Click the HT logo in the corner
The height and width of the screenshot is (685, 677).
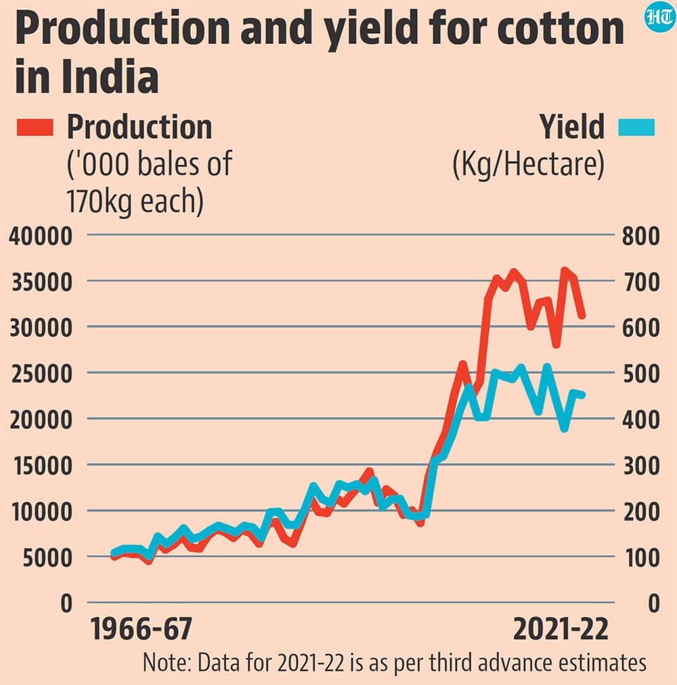tap(660, 17)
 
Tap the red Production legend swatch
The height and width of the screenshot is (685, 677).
tap(35, 127)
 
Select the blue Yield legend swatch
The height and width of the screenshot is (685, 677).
tap(636, 127)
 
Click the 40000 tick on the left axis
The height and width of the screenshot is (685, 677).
tap(41, 236)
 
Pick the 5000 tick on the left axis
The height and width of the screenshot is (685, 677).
tap(47, 558)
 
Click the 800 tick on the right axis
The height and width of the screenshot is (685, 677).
tap(641, 236)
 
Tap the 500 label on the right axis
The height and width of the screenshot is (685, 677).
tap(641, 374)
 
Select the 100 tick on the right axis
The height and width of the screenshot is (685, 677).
tap(642, 558)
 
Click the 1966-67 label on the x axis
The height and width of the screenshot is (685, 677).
tap(141, 629)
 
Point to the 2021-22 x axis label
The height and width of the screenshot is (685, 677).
tap(561, 629)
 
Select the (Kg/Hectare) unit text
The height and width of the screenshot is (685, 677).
tap(529, 164)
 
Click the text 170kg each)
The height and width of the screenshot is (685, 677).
tap(135, 201)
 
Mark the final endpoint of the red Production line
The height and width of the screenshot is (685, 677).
tap(582, 315)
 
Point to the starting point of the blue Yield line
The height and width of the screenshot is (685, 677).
tap(114, 552)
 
